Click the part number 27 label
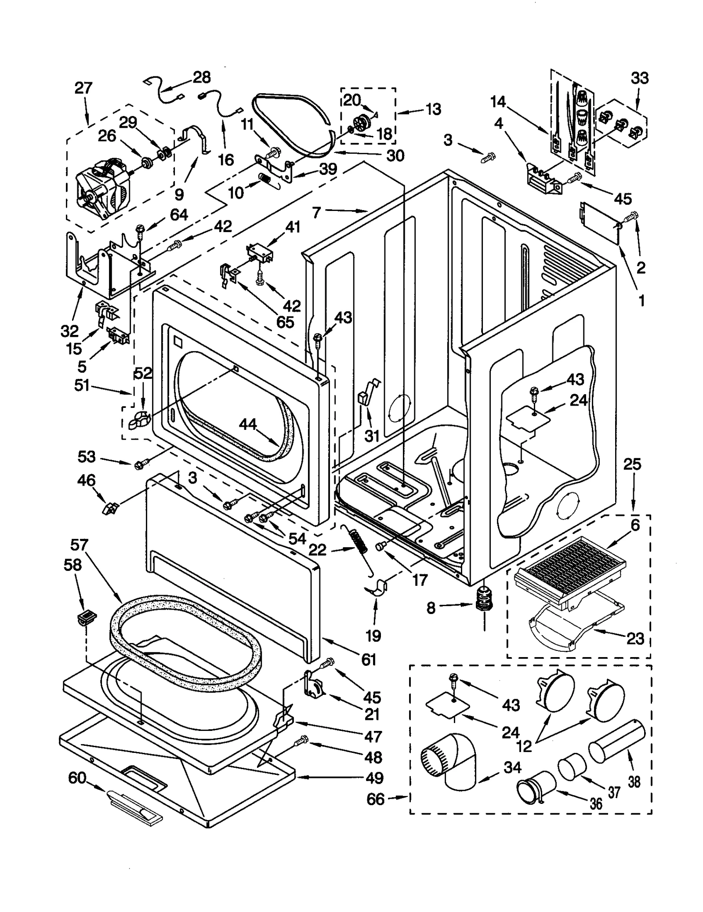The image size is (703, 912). point(83,88)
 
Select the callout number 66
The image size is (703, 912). point(375,799)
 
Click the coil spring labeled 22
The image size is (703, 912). point(361,545)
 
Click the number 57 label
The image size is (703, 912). point(80,545)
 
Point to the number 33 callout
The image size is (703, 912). point(639,78)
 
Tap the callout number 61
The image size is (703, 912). point(369,659)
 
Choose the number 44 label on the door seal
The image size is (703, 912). point(248,424)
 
